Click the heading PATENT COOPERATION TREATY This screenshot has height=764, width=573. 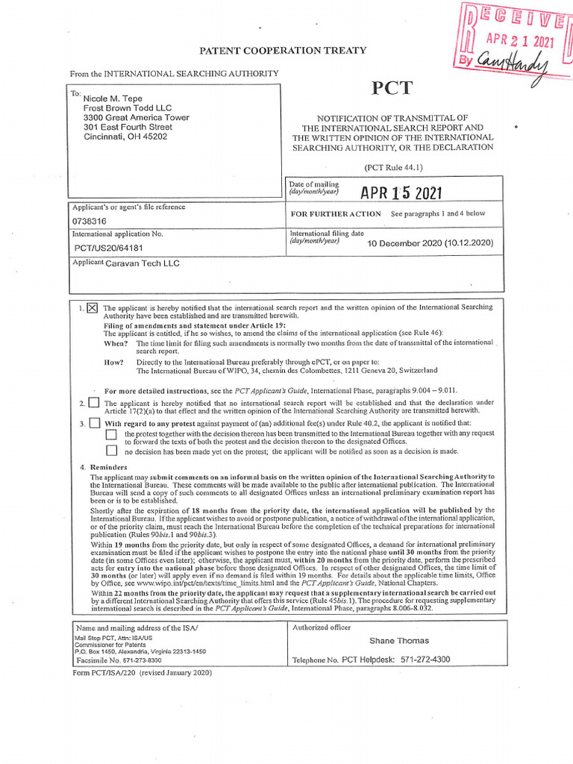click(x=282, y=50)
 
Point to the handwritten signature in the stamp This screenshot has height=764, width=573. click(x=516, y=67)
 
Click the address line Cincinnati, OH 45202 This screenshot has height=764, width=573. click(x=125, y=137)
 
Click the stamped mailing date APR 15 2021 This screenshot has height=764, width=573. click(x=401, y=192)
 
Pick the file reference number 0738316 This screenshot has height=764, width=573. click(x=89, y=222)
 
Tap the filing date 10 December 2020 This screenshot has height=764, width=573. click(x=430, y=243)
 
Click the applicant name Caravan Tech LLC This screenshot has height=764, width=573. click(x=142, y=263)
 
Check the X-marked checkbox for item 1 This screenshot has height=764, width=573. click(x=93, y=307)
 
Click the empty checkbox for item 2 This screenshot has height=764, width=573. click(x=93, y=402)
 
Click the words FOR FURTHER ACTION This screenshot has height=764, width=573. click(x=335, y=213)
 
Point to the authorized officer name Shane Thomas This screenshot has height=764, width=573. click(x=399, y=640)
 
